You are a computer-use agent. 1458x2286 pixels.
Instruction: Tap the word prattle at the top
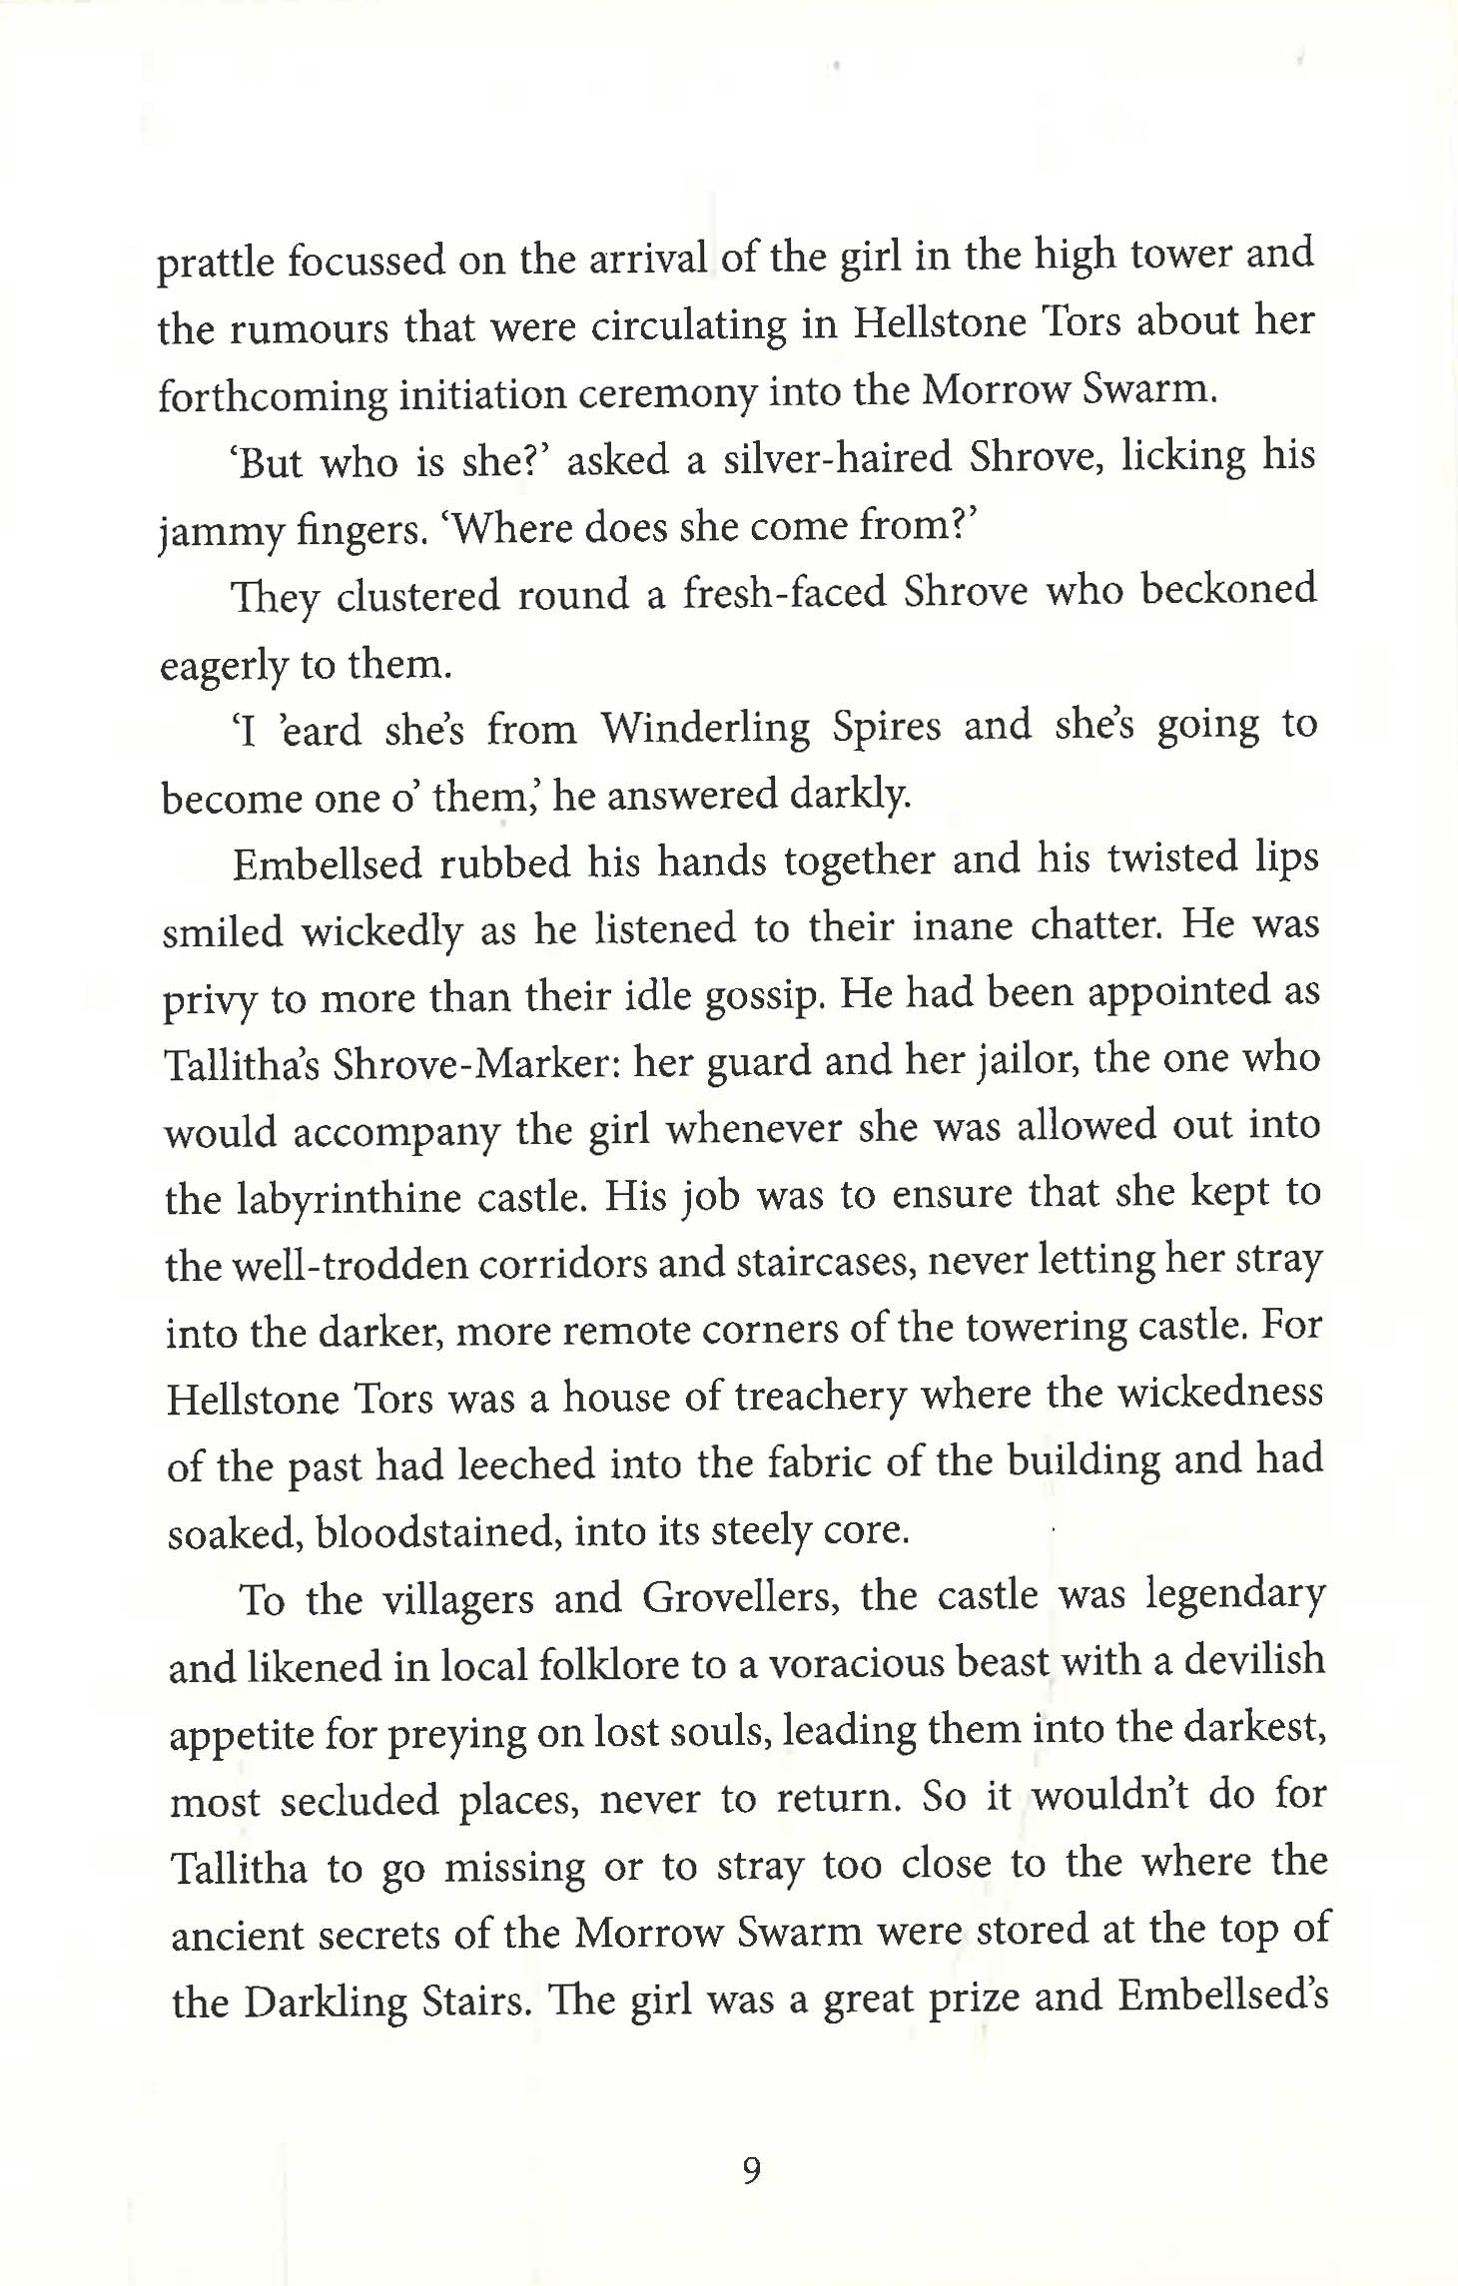pyautogui.click(x=216, y=263)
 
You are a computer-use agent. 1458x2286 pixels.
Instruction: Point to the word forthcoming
pyautogui.click(x=272, y=396)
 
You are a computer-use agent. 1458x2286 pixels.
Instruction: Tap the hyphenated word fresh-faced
pyautogui.click(x=784, y=593)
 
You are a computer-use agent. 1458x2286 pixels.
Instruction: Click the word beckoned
pyautogui.click(x=1228, y=589)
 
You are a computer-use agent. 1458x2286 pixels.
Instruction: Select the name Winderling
pyautogui.click(x=705, y=728)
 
